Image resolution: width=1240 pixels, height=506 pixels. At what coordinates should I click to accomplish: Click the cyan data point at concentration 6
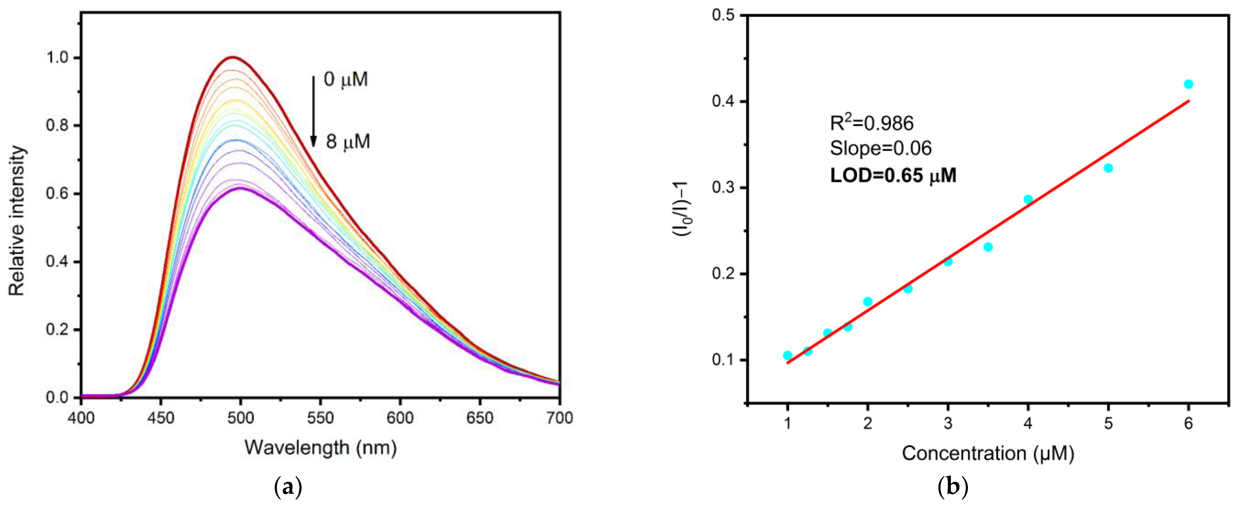click(1188, 84)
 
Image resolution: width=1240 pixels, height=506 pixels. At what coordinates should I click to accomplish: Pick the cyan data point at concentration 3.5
click(988, 247)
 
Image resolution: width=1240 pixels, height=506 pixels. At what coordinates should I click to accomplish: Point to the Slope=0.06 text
click(880, 148)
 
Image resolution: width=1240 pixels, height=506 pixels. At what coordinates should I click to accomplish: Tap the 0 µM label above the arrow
click(346, 79)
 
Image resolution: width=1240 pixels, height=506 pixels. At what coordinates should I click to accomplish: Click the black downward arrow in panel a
click(314, 111)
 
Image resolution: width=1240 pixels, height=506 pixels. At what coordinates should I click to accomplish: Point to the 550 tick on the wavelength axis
click(320, 418)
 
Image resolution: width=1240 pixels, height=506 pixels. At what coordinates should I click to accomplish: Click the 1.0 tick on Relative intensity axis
click(58, 58)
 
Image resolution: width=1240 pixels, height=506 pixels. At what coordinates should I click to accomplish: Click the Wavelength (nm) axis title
click(321, 448)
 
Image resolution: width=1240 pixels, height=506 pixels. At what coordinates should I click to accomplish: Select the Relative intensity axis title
click(17, 221)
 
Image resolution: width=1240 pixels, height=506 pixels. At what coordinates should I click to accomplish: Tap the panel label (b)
click(953, 488)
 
